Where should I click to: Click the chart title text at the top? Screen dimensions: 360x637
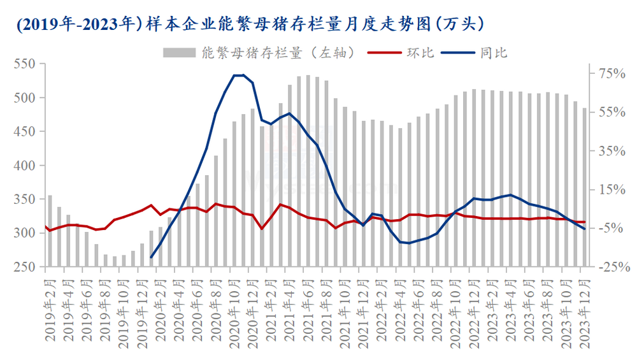(248, 24)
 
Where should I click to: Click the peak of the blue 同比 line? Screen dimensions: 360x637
(239, 75)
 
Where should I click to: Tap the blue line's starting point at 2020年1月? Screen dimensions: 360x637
(151, 257)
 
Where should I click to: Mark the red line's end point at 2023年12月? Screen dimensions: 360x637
(584, 222)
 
